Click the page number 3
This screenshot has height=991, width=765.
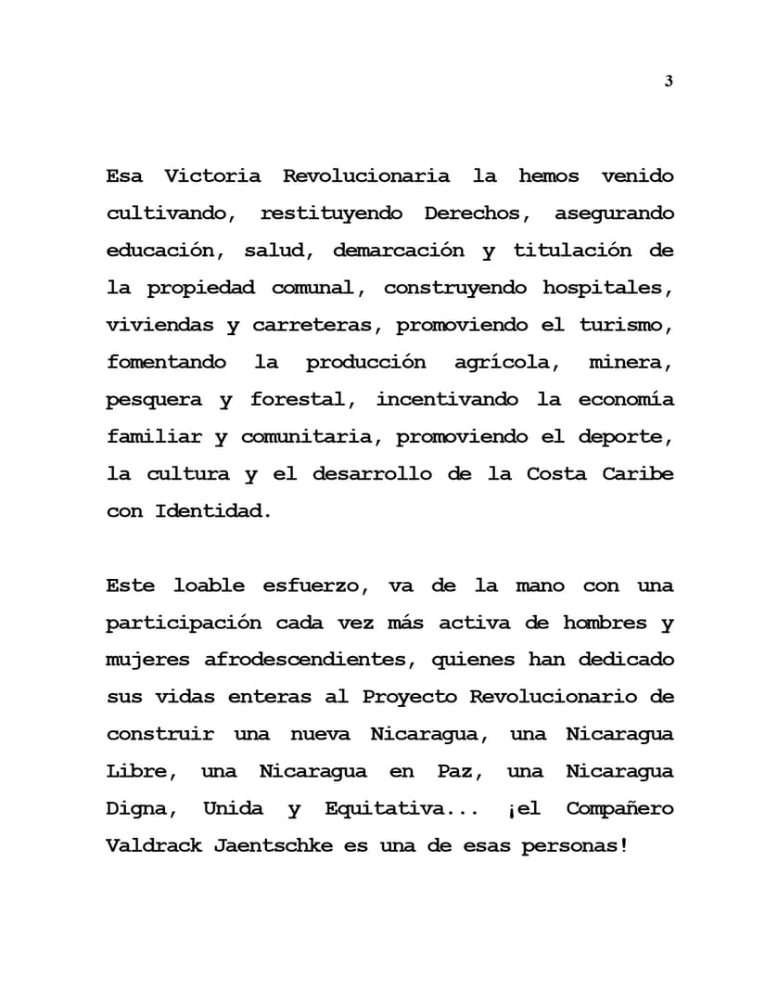pos(669,82)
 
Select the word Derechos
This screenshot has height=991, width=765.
pos(476,213)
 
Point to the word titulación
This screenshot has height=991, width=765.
pos(572,251)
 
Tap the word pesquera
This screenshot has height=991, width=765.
pos(154,400)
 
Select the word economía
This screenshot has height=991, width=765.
pos(627,400)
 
